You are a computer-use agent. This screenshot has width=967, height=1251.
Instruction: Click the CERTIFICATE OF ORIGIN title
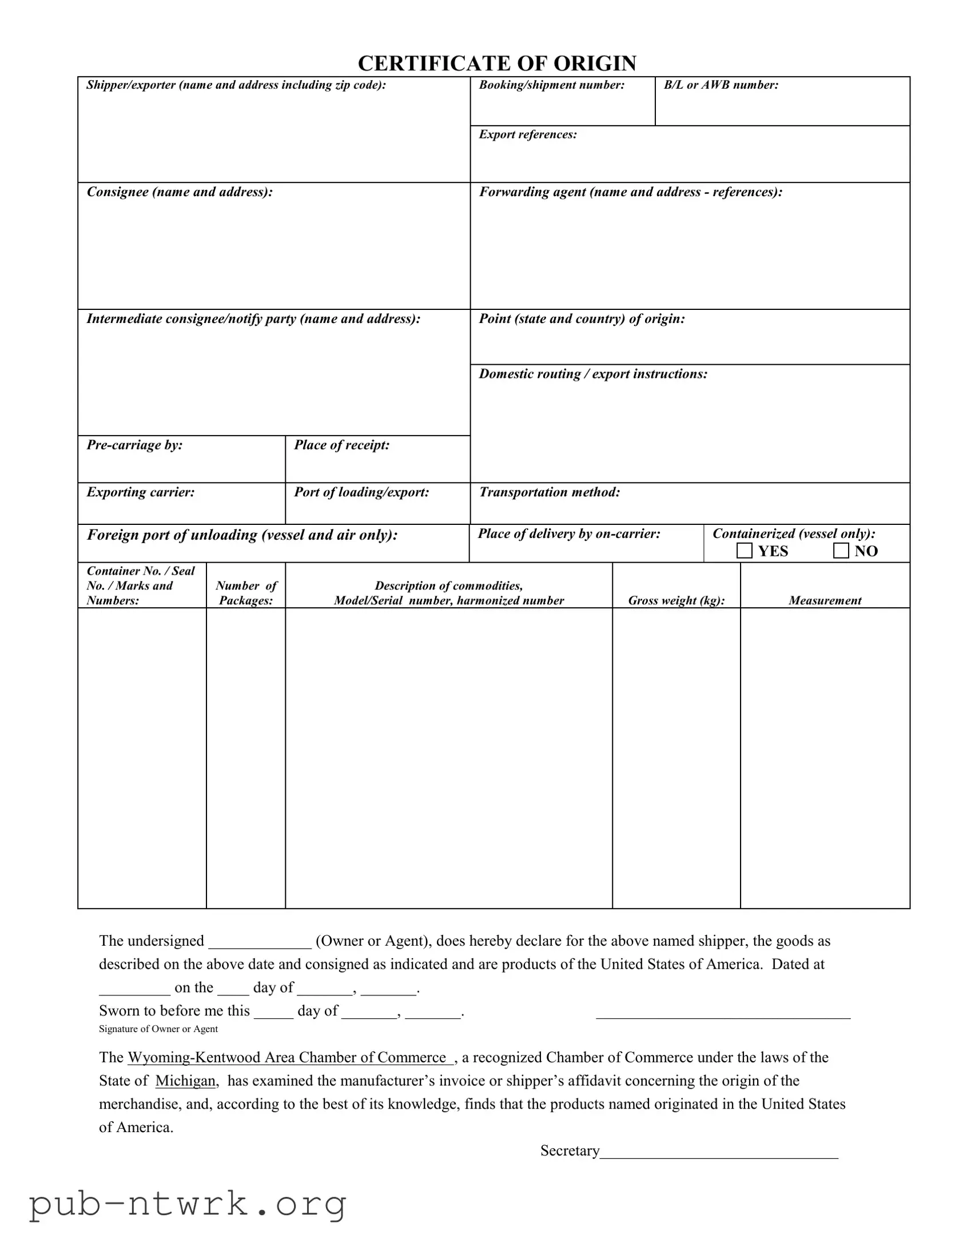pyautogui.click(x=497, y=63)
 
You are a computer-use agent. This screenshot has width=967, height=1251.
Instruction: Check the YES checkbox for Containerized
pyautogui.click(x=744, y=551)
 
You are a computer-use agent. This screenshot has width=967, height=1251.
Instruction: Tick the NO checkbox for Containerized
pyautogui.click(x=841, y=551)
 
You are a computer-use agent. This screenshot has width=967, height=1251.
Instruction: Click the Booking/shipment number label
pyautogui.click(x=552, y=85)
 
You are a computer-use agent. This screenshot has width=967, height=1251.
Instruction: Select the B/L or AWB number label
pyautogui.click(x=721, y=85)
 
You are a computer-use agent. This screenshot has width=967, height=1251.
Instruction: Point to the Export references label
pyautogui.click(x=528, y=134)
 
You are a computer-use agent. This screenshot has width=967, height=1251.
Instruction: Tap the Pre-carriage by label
pyautogui.click(x=134, y=445)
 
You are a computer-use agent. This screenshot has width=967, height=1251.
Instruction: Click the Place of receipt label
pyautogui.click(x=341, y=445)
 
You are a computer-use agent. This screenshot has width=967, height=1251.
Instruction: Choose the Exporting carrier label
pyautogui.click(x=140, y=492)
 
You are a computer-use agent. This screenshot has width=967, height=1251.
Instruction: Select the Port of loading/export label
pyautogui.click(x=361, y=492)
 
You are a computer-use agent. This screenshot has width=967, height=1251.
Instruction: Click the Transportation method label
pyautogui.click(x=550, y=492)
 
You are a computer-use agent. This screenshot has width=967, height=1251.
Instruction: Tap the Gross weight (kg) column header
pyautogui.click(x=676, y=600)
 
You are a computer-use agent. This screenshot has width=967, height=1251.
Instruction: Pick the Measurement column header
pyautogui.click(x=825, y=600)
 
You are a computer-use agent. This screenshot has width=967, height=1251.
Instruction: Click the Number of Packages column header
pyautogui.click(x=246, y=593)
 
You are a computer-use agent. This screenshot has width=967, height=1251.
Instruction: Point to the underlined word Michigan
pyautogui.click(x=185, y=1081)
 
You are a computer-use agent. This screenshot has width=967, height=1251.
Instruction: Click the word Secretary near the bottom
pyautogui.click(x=570, y=1151)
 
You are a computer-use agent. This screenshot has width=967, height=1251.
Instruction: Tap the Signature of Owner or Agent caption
pyautogui.click(x=158, y=1029)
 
